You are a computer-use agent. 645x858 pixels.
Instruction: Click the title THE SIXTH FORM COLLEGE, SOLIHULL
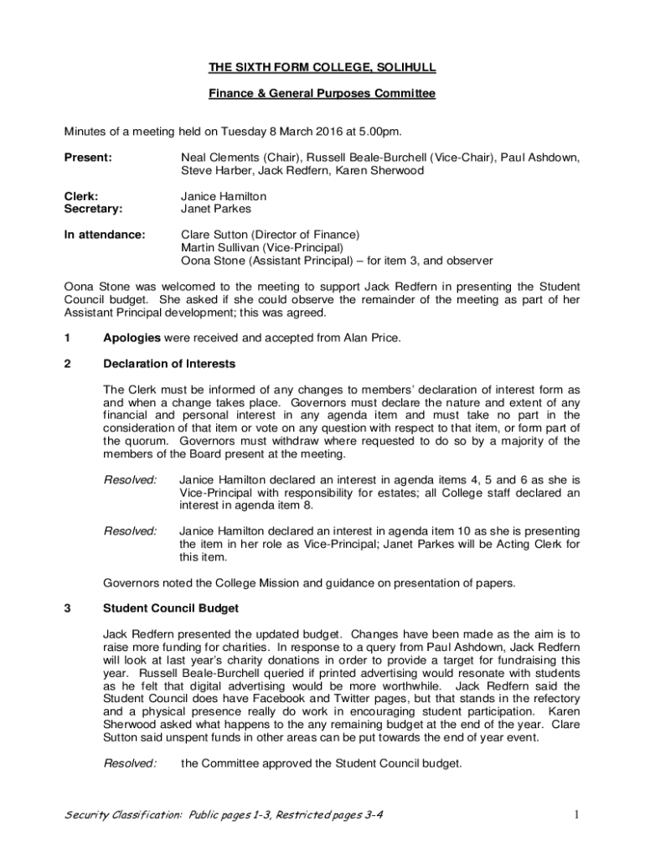[322, 67]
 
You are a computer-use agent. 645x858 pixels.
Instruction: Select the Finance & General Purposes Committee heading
[322, 94]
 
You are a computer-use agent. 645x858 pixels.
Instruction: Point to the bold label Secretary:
[93, 209]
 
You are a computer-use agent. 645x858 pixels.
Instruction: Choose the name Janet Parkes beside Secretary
[216, 209]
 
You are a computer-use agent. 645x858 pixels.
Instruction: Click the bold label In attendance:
[105, 235]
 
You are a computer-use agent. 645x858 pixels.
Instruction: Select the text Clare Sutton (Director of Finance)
[271, 235]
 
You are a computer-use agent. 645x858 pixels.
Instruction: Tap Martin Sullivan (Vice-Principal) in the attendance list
[262, 248]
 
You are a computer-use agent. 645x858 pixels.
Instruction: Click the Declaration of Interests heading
[168, 364]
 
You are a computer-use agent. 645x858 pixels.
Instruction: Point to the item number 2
[68, 364]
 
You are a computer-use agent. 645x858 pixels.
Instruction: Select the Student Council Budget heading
[170, 607]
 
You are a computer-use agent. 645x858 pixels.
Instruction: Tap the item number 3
[68, 607]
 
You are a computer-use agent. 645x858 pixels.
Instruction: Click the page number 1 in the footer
[577, 814]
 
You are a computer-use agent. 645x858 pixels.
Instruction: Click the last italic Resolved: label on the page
[130, 763]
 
